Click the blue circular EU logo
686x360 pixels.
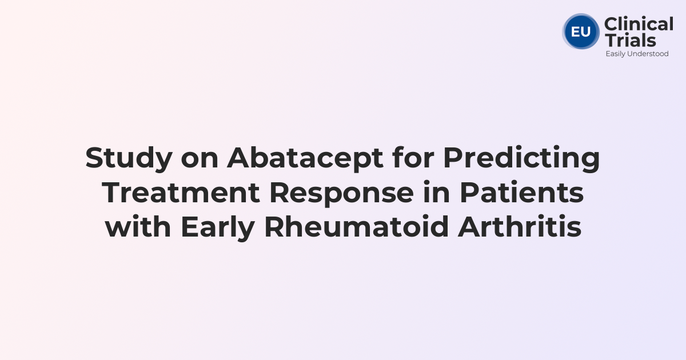pyautogui.click(x=581, y=31)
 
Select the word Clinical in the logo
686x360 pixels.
pyautogui.click(x=639, y=25)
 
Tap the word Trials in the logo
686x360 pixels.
pyautogui.click(x=630, y=40)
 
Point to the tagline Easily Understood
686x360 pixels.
pyautogui.click(x=637, y=54)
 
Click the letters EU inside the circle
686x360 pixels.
pyautogui.click(x=581, y=31)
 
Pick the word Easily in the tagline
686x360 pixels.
pyautogui.click(x=616, y=54)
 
